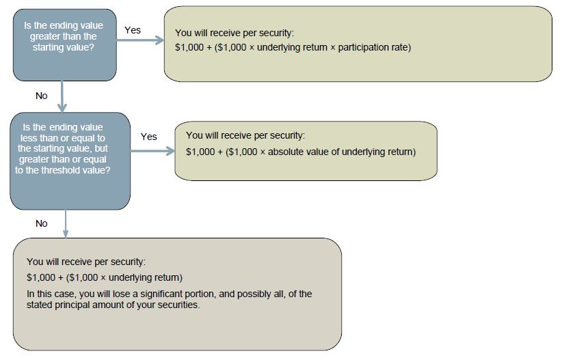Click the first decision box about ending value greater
[x=64, y=43]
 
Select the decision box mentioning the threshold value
[x=69, y=161]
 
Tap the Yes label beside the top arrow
[x=133, y=30]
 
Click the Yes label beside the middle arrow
[x=148, y=137]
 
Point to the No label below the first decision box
[x=42, y=96]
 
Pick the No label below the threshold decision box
[x=42, y=223]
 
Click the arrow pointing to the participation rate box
[x=140, y=40]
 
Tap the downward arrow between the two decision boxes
[x=62, y=96]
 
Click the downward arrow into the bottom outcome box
[x=66, y=224]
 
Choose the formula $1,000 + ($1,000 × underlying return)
[x=105, y=277]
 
